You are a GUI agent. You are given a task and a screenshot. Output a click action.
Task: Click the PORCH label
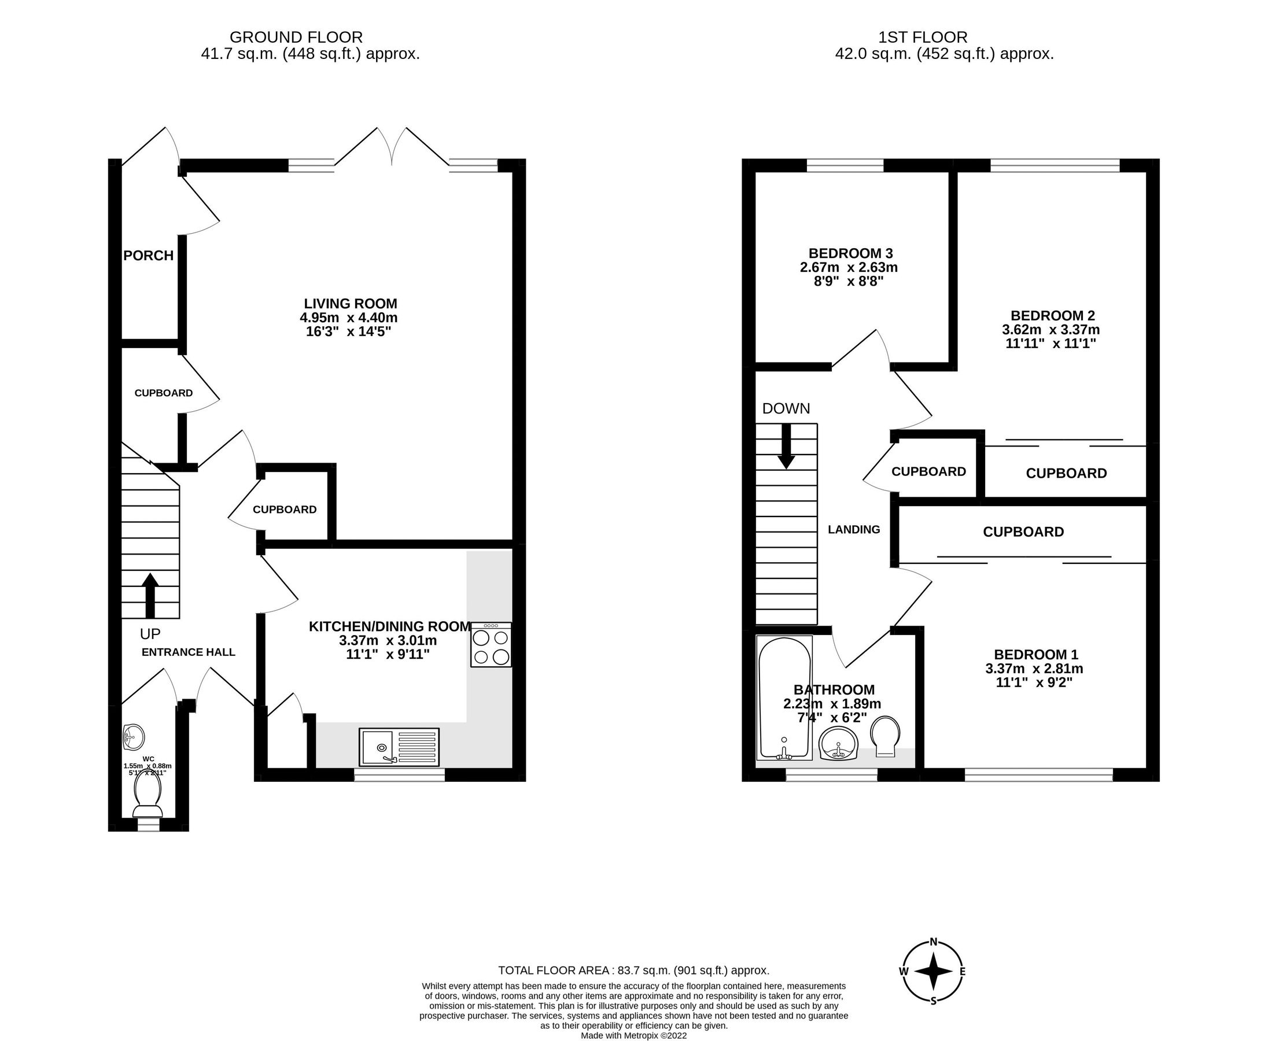[x=148, y=256]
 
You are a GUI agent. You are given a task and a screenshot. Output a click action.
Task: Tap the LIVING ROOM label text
[x=351, y=304]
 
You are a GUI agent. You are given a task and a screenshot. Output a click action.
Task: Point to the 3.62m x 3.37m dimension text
[x=1050, y=329]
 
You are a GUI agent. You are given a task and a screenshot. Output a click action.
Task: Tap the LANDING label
[x=854, y=530]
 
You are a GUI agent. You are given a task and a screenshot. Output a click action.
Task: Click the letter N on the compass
[x=933, y=942]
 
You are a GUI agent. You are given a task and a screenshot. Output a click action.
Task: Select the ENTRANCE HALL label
[x=189, y=652]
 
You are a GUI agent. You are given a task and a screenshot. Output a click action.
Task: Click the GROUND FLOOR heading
[x=296, y=38]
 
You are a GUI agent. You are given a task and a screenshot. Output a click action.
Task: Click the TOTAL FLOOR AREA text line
[x=633, y=970]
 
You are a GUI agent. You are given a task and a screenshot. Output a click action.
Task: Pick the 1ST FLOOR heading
[x=923, y=38]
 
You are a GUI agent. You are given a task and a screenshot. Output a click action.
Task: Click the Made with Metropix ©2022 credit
[x=633, y=1035]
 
